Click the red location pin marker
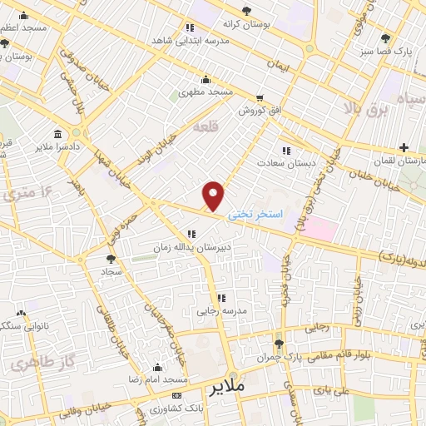pos(214,196)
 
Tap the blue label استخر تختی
pos(255,214)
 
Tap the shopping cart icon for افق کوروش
pos(260,97)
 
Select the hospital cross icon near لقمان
pos(404,146)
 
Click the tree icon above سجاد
pos(111,260)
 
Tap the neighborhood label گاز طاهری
pos(35,363)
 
